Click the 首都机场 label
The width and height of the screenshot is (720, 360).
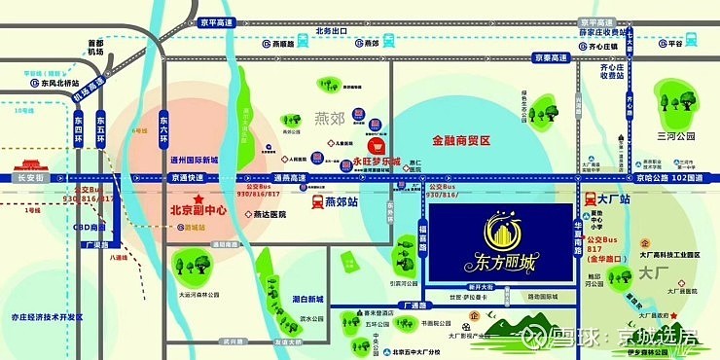[95, 48]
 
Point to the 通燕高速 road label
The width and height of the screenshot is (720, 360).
[288, 178]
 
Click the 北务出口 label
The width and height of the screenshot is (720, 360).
[332, 30]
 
